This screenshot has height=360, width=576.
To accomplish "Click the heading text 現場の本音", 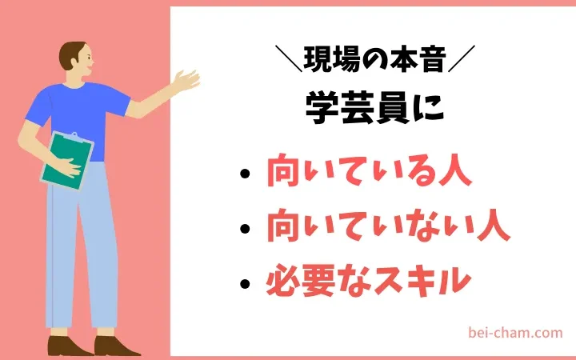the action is tap(375, 59).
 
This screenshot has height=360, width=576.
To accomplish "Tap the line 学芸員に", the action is tap(374, 108).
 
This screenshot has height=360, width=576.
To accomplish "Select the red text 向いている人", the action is tap(369, 171).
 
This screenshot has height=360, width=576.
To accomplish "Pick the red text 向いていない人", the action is tap(388, 225).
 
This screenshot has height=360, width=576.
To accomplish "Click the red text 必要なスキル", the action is tap(369, 280).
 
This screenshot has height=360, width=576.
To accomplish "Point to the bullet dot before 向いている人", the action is tap(245, 174).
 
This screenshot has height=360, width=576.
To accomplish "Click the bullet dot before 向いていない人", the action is tap(245, 229).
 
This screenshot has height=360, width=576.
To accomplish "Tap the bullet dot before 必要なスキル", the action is tap(245, 283).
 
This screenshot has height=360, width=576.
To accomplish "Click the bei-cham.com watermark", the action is tap(515, 333).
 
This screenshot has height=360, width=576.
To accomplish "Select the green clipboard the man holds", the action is tap(67, 161).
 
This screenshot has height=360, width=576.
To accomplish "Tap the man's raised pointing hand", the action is tap(186, 81).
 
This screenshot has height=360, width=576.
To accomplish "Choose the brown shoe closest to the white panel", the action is tap(116, 346).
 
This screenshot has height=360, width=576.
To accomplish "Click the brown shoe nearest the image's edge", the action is tap(67, 346).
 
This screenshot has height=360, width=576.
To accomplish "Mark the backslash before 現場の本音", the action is tap(288, 58).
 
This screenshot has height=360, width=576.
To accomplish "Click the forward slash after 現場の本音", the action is tap(462, 58).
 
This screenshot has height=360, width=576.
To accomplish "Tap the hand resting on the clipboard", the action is tap(68, 167).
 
